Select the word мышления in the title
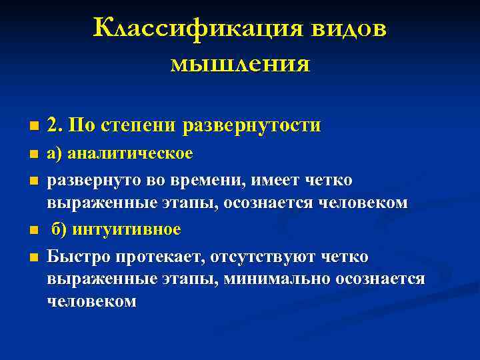click(240, 64)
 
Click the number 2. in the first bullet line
click(55, 125)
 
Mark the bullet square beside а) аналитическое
click(33, 155)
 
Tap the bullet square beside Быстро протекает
click(33, 258)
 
